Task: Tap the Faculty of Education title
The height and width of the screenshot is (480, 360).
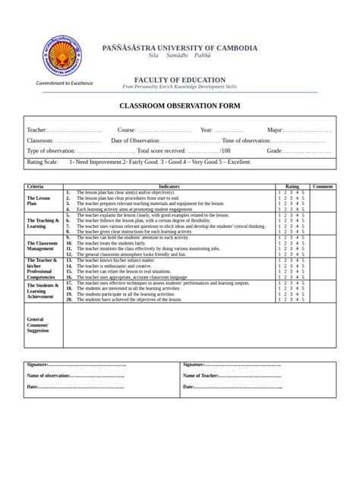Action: (179, 80)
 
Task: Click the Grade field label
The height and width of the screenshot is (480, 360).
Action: (274, 151)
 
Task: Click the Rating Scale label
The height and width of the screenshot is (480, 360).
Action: (43, 162)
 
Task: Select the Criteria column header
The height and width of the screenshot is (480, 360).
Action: (36, 186)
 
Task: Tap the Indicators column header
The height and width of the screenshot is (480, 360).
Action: (169, 186)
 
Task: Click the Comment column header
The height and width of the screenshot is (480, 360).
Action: (323, 186)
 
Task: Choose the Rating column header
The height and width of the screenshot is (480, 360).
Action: (292, 186)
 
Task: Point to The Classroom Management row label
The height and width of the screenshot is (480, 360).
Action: (41, 246)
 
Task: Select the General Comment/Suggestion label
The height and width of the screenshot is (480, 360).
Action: (38, 325)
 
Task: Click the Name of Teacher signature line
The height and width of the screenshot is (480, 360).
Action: (232, 376)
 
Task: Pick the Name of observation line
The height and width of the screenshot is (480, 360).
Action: (76, 376)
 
